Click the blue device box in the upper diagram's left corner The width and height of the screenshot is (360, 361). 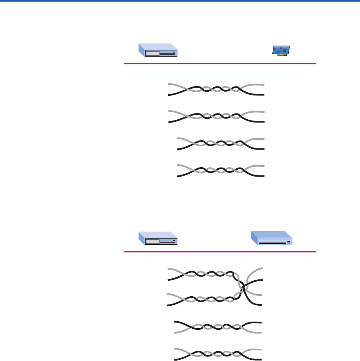[x=158, y=50]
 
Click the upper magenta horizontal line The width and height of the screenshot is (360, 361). [x=220, y=64]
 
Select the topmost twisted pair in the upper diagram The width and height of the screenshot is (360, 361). [x=216, y=89]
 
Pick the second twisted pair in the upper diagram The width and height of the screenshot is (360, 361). [x=216, y=116]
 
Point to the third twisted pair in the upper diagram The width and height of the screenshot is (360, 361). [x=221, y=144]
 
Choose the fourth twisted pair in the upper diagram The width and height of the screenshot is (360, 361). [x=221, y=170]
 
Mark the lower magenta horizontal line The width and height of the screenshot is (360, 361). [x=220, y=251]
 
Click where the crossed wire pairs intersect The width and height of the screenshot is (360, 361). [x=243, y=288]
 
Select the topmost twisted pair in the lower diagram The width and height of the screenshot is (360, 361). [x=201, y=274]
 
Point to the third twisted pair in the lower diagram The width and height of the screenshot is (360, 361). [x=218, y=327]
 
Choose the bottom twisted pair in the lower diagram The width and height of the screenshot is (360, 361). [x=218, y=354]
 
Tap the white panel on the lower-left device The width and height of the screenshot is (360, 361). [x=153, y=242]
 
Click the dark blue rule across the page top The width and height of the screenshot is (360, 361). [x=180, y=1]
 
